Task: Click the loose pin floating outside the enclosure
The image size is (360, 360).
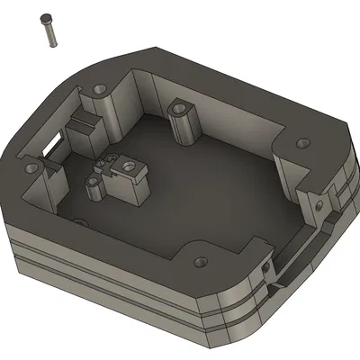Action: [x=49, y=30]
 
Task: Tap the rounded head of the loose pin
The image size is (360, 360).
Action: [x=45, y=18]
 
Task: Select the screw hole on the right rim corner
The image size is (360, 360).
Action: [x=301, y=142]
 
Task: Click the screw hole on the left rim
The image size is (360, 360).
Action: [x=33, y=167]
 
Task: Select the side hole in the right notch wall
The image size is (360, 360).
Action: [x=318, y=206]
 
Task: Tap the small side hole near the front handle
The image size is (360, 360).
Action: [x=265, y=267]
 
